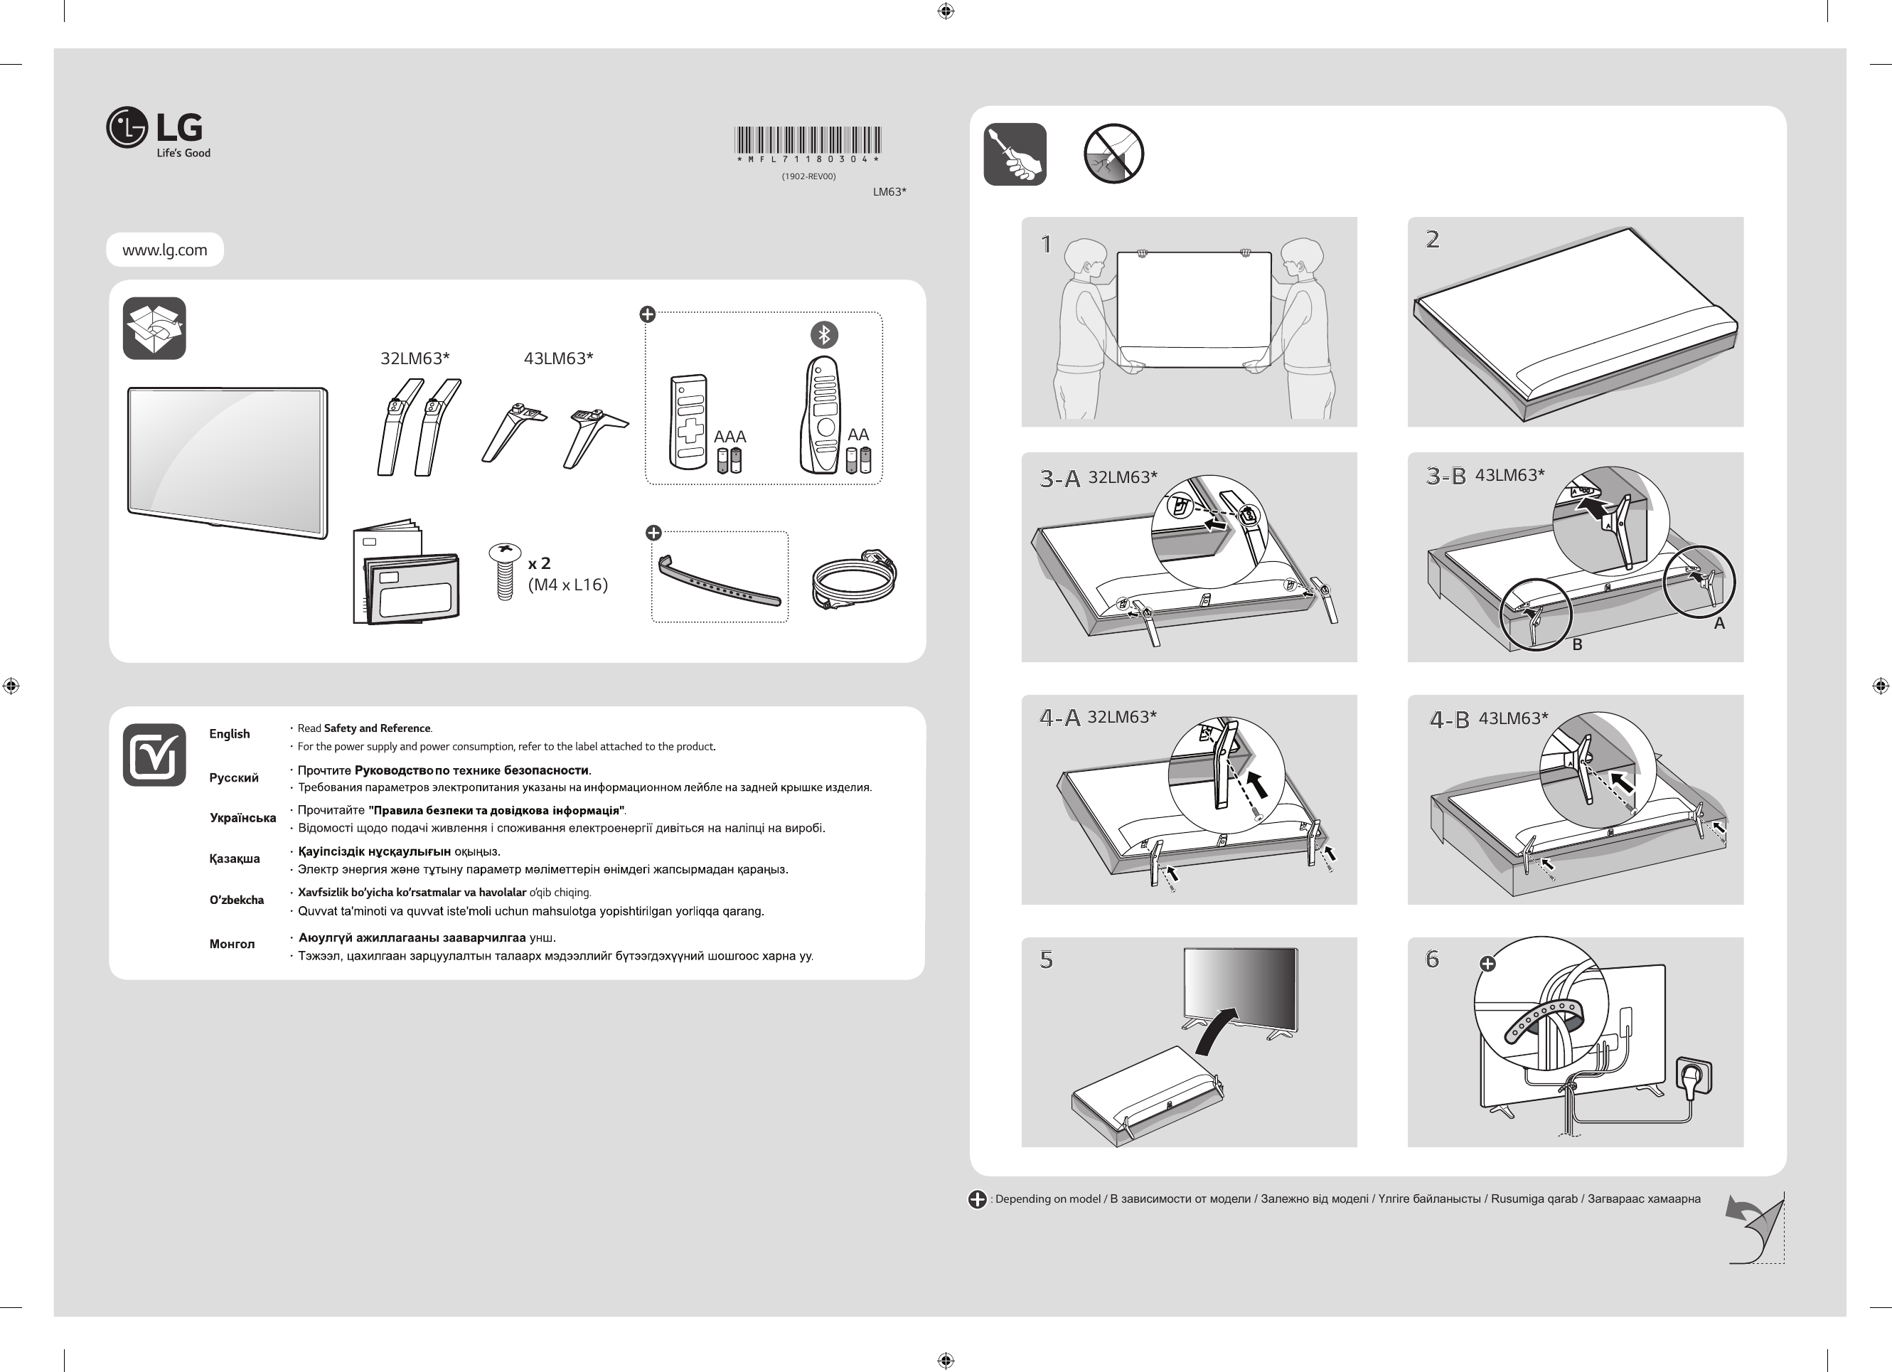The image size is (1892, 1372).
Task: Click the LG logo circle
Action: (x=127, y=128)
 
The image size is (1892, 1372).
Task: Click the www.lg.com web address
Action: (x=164, y=250)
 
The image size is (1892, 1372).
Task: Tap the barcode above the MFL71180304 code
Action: (x=808, y=139)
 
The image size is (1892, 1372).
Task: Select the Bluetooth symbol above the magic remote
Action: (x=824, y=335)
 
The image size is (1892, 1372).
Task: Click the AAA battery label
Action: (x=730, y=437)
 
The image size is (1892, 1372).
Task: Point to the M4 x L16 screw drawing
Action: (x=504, y=571)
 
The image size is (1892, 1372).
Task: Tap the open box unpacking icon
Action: (x=154, y=328)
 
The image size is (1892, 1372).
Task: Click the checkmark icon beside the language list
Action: (x=154, y=755)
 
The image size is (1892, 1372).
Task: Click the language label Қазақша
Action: (x=235, y=858)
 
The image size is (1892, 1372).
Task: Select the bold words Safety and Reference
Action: (x=377, y=728)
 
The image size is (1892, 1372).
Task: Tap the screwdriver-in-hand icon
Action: (x=1015, y=154)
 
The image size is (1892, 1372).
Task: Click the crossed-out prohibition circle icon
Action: (x=1113, y=154)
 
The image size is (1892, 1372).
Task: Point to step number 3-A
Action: (x=1059, y=478)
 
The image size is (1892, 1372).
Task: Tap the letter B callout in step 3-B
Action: (x=1577, y=644)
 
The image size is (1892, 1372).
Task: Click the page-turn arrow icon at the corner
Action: (x=1755, y=1227)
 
